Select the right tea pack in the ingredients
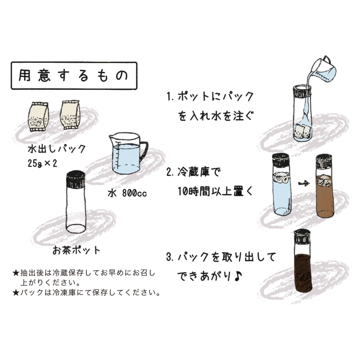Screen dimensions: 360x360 pos(70,114)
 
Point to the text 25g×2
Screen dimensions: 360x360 pos(42,163)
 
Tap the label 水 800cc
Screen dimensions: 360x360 pos(127,193)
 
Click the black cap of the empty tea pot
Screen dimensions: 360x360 pos(76,179)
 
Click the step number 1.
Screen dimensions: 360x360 pos(170,97)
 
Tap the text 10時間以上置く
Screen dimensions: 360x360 pos(215,192)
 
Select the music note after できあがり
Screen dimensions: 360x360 pos(238,276)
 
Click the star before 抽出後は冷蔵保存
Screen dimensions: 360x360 pos(16,273)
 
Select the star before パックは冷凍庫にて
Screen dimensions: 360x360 pos(16,293)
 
